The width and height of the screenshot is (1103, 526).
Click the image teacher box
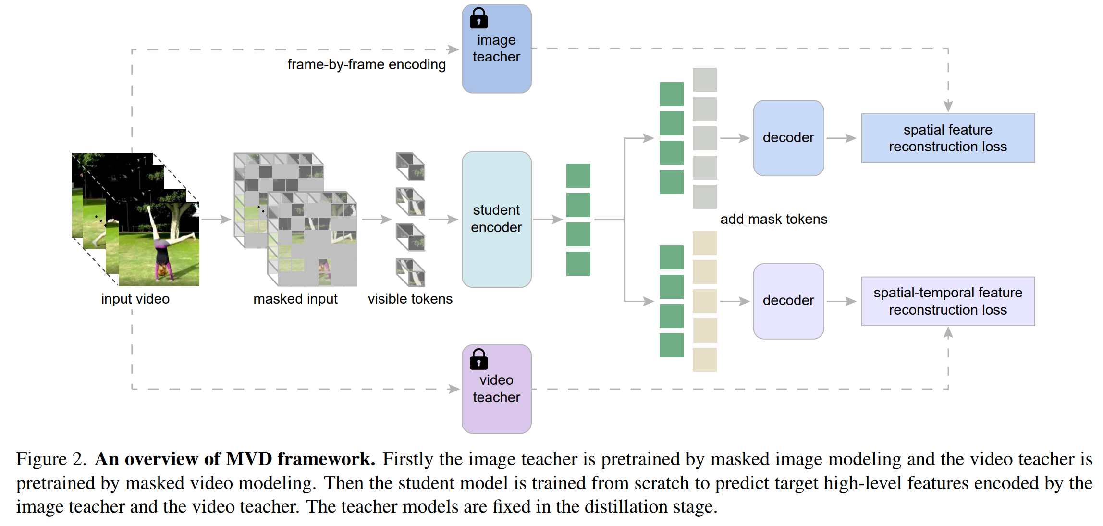tap(496, 49)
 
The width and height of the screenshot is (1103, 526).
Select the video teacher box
tap(496, 389)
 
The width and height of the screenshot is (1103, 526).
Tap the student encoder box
tap(496, 220)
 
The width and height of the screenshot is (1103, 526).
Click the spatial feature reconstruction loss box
tap(948, 138)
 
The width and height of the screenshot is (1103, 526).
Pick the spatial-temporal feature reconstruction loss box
tap(948, 301)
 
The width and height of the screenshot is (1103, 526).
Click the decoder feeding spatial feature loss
tap(788, 138)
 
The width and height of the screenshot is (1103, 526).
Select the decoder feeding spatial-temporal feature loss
tap(788, 301)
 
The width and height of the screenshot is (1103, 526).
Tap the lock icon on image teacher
tap(478, 18)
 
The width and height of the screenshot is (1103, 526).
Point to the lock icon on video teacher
tap(478, 359)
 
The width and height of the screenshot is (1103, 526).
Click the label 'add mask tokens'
tap(773, 219)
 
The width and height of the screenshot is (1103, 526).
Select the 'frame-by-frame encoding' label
tap(367, 64)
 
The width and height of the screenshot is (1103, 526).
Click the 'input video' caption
tap(135, 299)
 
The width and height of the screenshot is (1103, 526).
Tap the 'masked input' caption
tap(295, 299)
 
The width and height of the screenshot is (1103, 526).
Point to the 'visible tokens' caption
tap(410, 299)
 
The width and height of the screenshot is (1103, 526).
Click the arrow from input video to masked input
tap(216, 220)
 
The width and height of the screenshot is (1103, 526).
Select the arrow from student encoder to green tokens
tap(548, 220)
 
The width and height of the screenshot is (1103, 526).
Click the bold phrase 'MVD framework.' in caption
tap(300, 459)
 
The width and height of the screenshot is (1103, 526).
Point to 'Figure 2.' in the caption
tap(51, 459)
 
